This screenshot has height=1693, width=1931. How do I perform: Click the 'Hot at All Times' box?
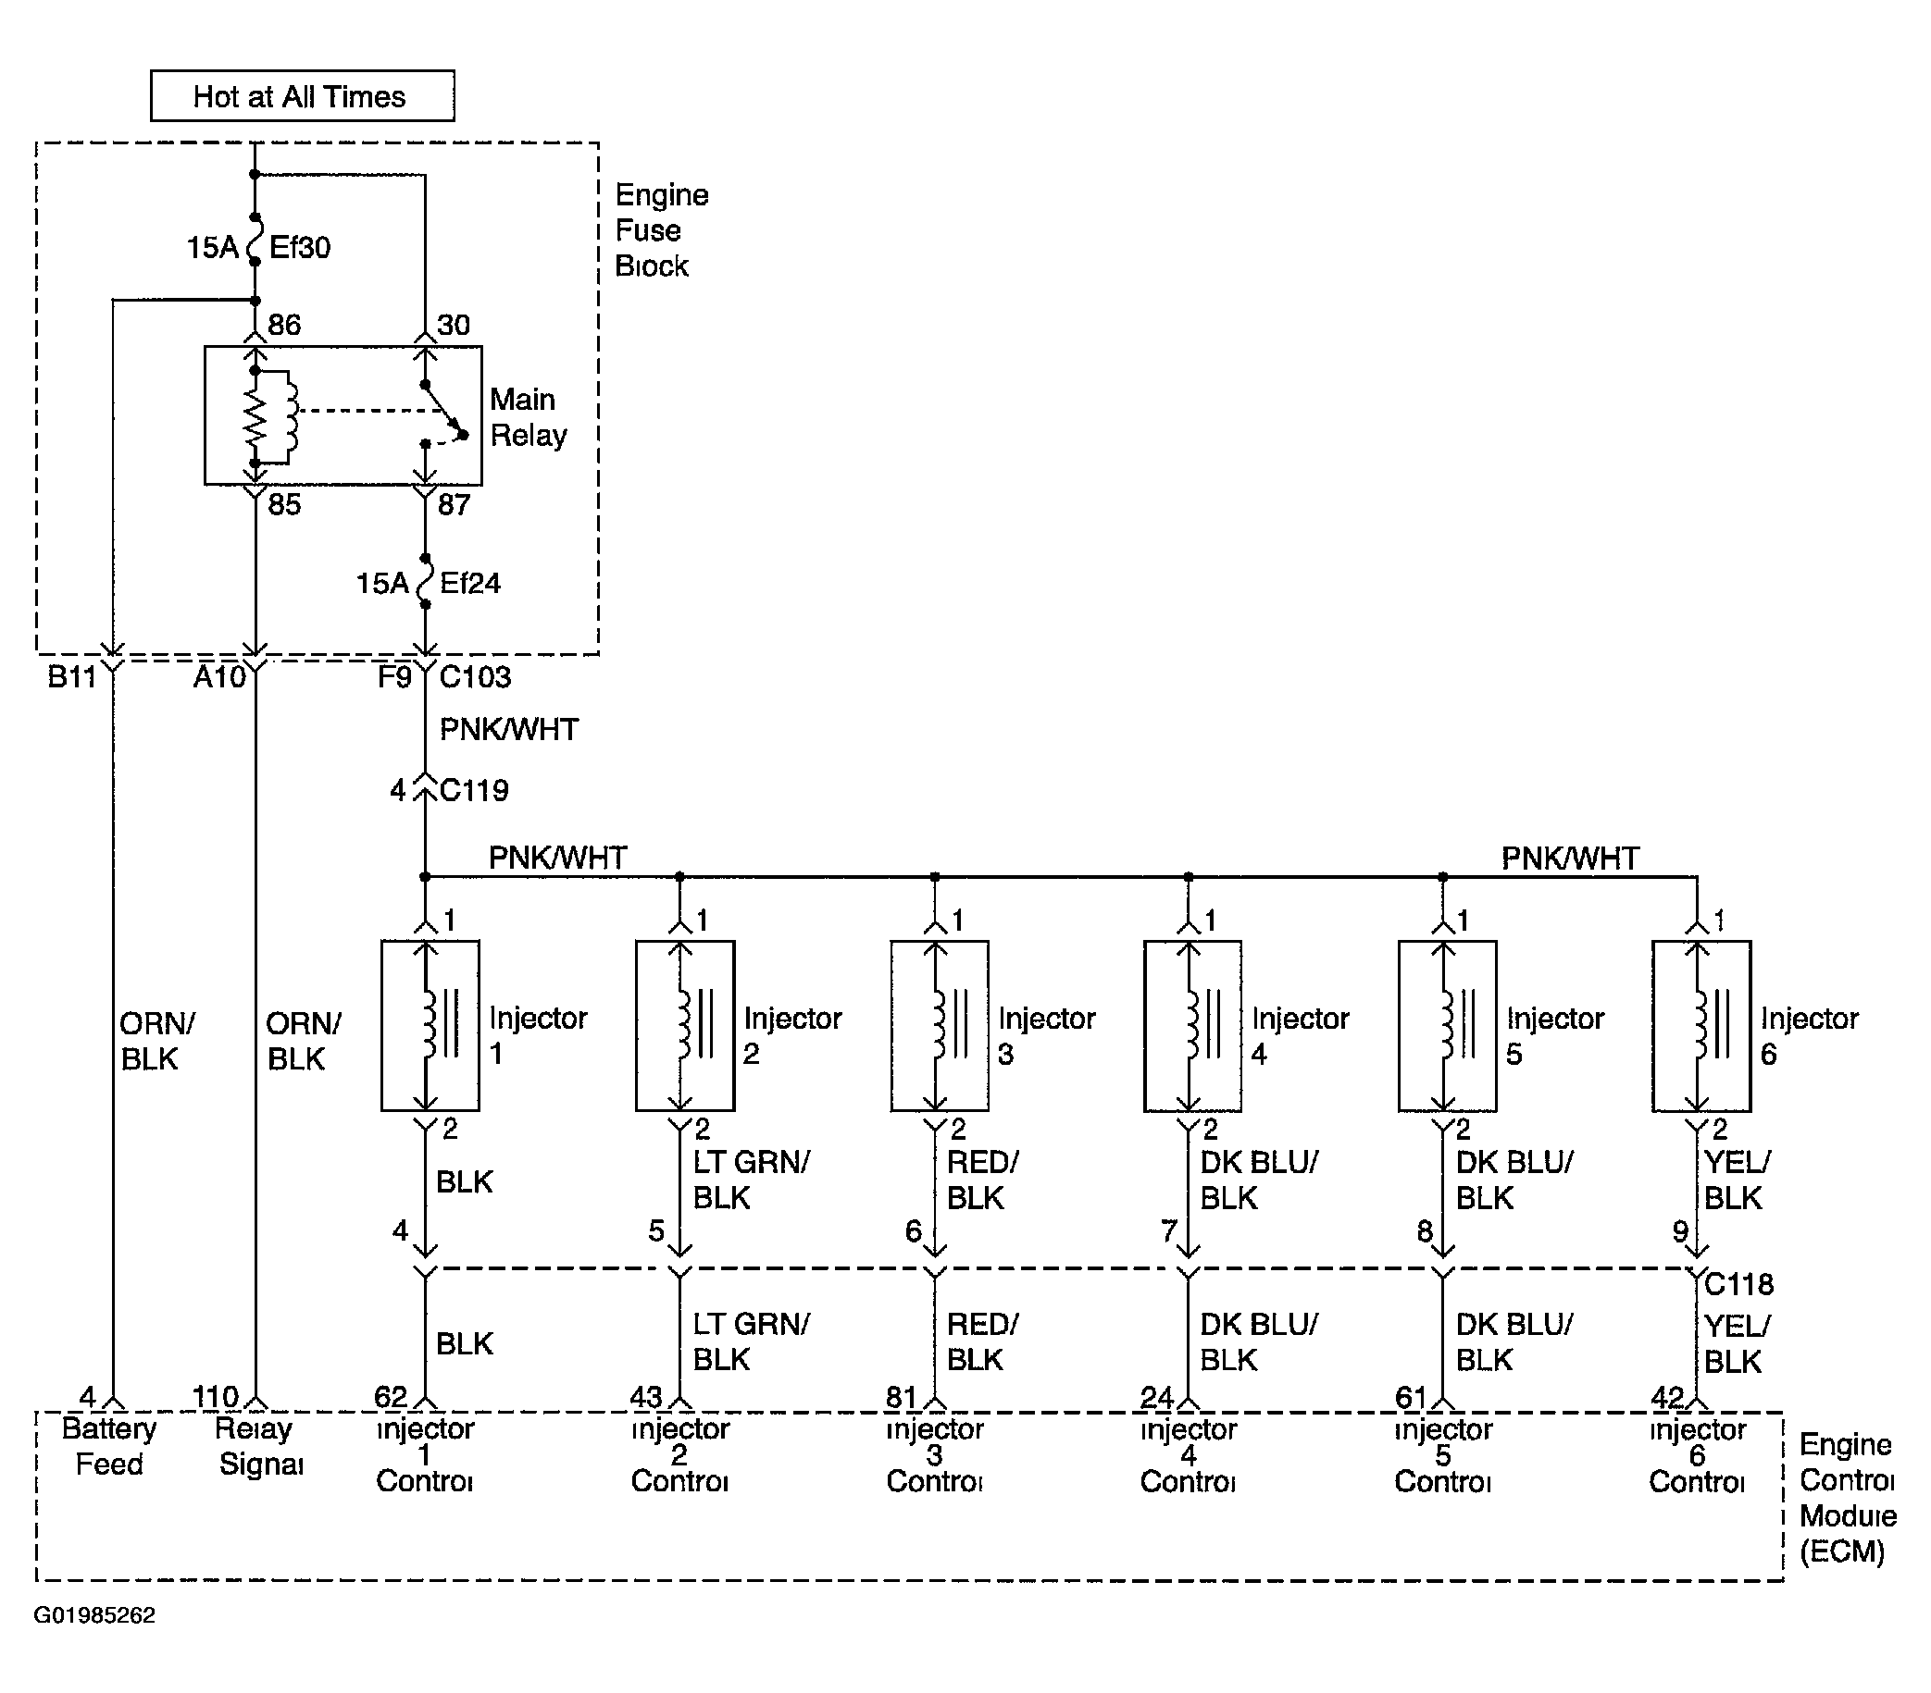point(303,95)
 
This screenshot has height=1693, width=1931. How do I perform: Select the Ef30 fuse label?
point(301,247)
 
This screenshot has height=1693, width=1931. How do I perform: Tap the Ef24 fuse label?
point(469,583)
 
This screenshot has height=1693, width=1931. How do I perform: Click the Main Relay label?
point(528,417)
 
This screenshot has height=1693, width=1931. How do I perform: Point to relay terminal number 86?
point(283,325)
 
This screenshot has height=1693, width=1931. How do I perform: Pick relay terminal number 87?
point(454,504)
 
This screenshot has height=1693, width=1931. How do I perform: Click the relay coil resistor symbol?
point(255,415)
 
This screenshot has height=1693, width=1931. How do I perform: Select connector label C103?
point(475,676)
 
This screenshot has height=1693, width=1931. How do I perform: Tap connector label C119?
point(474,789)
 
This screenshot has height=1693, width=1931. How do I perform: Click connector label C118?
point(1738,1284)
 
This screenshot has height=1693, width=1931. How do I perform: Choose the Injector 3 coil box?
point(939,1025)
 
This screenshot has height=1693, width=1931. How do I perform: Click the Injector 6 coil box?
point(1701,1025)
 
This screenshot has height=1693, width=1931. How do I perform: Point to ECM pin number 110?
point(216,1397)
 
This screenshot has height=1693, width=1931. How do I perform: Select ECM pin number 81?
point(902,1397)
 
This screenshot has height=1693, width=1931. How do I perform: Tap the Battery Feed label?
point(108,1447)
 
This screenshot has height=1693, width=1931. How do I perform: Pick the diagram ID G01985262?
point(94,1614)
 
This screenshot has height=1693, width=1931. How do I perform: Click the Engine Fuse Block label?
point(661,230)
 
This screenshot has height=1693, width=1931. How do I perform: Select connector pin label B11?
point(72,677)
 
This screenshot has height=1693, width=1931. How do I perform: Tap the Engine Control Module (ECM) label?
point(1847,1499)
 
